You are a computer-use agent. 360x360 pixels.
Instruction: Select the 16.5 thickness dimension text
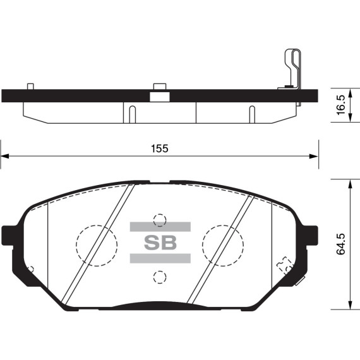pos(341,105)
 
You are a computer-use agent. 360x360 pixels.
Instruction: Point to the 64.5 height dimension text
pos(342,244)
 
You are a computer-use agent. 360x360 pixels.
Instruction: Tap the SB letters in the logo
pos(160,242)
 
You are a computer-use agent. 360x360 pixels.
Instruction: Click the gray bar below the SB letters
pos(160,258)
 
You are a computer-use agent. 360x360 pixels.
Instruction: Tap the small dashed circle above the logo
pos(160,220)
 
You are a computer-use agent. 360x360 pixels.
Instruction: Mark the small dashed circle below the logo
pos(160,276)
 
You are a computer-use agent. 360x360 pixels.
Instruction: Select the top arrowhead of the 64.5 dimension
pos(351,182)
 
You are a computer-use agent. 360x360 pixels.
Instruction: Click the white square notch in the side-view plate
pos(158,97)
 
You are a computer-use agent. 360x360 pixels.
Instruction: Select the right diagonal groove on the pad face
pos(220,243)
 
